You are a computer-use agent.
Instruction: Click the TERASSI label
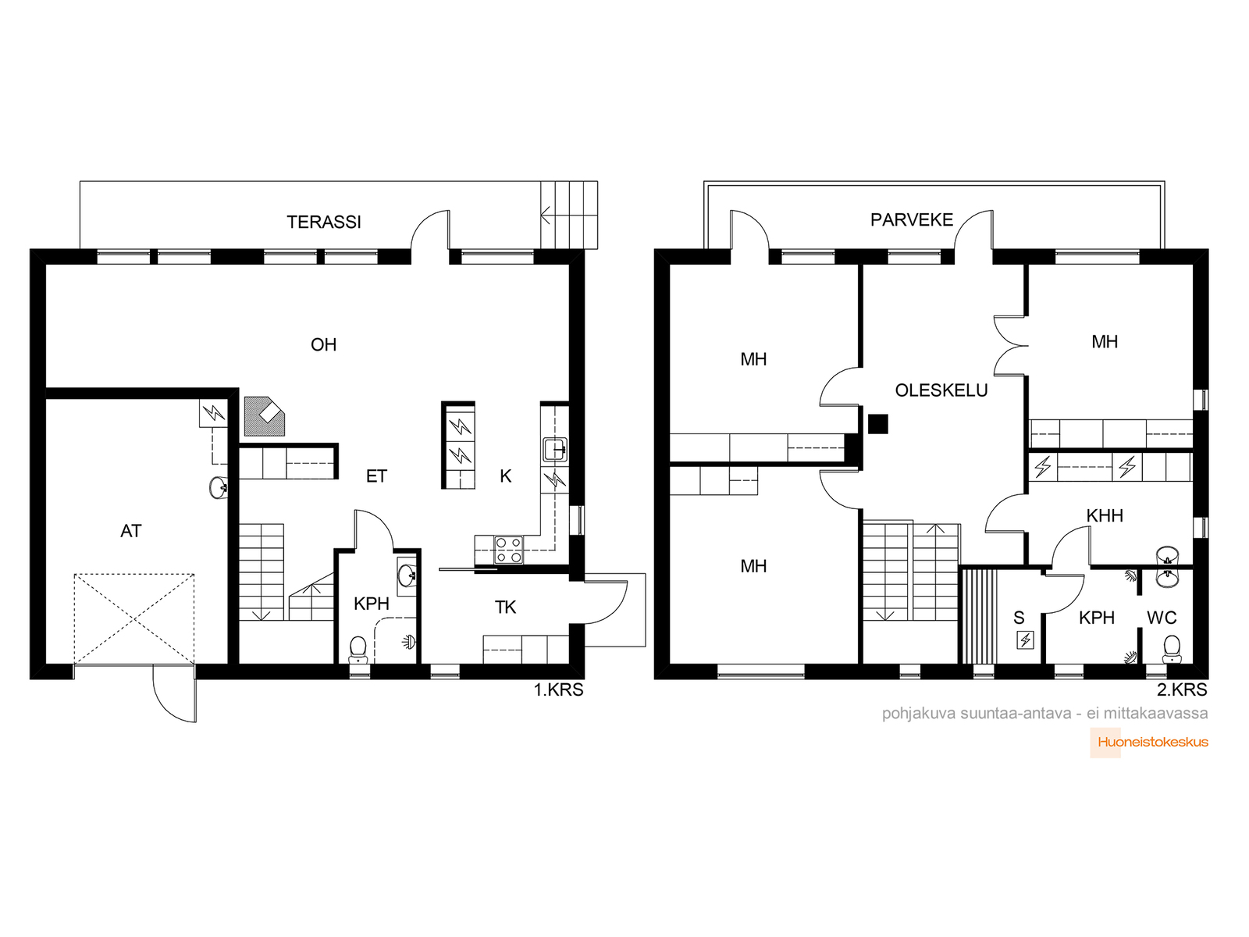(323, 222)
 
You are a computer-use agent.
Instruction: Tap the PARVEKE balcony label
(911, 219)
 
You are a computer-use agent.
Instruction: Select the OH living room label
(323, 344)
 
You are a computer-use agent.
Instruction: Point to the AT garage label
(131, 531)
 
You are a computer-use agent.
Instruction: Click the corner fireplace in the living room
(264, 416)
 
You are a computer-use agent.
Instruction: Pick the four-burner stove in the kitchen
(508, 550)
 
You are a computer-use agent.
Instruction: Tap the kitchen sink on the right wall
(554, 449)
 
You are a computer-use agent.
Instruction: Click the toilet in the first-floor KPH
(358, 650)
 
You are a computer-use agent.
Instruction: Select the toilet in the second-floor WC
(1171, 649)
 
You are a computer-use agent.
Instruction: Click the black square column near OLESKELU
(877, 424)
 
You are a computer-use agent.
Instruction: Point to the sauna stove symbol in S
(1025, 640)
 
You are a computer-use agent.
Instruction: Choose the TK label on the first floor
(505, 607)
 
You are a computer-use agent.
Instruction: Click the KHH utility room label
(1105, 515)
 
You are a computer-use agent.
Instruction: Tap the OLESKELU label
(941, 390)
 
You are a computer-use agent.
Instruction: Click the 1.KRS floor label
(558, 689)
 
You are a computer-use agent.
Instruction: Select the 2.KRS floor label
(1182, 689)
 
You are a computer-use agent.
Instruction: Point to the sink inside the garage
(219, 487)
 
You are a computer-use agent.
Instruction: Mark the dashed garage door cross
(134, 619)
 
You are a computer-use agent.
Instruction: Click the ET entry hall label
(376, 476)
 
